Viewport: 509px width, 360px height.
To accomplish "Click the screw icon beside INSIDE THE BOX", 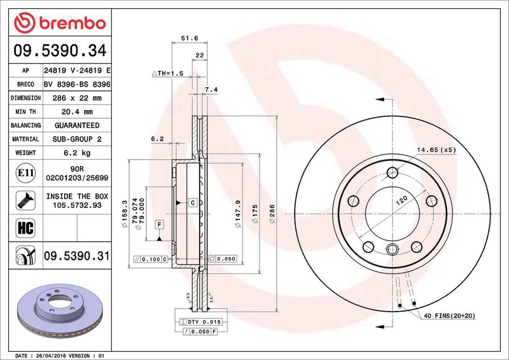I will (x=23, y=200).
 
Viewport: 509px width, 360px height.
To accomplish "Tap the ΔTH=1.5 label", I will (x=167, y=74).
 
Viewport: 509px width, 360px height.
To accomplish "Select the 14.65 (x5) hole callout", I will (x=436, y=150).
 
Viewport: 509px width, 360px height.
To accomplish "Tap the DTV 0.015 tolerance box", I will (x=199, y=323).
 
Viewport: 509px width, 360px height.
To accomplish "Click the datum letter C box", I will (x=192, y=202).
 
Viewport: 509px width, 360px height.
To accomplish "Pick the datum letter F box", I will (x=158, y=223).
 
